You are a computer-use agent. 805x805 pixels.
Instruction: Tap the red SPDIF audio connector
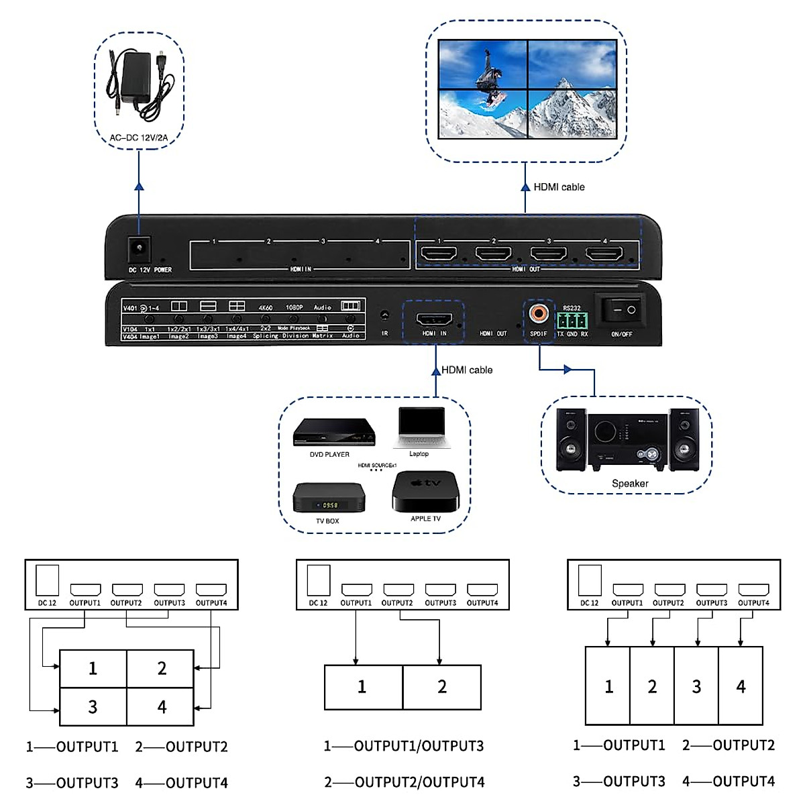pos(538,313)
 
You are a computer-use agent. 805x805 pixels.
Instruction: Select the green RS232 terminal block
pos(572,320)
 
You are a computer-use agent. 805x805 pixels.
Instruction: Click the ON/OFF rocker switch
pos(621,310)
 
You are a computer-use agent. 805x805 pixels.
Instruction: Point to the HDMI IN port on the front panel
pos(434,319)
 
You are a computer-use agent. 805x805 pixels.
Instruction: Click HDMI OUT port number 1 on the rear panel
pos(438,254)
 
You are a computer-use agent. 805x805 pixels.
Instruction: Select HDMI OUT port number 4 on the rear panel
pos(604,254)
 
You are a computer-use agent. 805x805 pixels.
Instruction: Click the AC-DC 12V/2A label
pos(139,138)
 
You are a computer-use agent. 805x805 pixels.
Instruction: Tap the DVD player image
pos(333,432)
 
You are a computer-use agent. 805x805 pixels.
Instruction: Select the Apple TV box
pos(425,492)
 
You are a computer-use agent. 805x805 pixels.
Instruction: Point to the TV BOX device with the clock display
pos(329,498)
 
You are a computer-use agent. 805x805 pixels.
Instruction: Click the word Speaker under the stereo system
pos(630,483)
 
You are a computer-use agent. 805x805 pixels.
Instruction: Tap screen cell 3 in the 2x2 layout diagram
pos(93,706)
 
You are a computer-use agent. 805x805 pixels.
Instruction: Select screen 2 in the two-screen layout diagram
pos(442,687)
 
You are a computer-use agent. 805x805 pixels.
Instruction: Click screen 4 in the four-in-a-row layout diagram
pos(741,686)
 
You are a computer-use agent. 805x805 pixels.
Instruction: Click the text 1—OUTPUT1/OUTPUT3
pos(404,746)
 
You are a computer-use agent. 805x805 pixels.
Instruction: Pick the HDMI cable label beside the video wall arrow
pos(559,187)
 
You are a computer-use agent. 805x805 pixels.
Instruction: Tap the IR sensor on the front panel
pos(385,315)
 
